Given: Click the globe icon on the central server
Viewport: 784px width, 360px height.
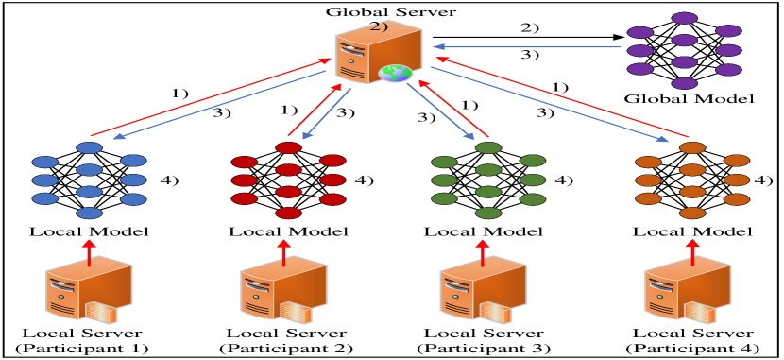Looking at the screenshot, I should [395, 73].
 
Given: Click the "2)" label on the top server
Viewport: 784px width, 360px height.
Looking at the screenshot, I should [379, 26].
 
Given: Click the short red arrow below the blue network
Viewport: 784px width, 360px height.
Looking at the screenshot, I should [89, 251].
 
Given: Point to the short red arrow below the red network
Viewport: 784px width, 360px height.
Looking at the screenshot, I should [283, 251].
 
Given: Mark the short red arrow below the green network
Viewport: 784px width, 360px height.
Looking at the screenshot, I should [482, 251].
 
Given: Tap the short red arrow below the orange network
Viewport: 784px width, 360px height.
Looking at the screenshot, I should [692, 251].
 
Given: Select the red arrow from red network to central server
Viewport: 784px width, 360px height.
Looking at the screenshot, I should [315, 110].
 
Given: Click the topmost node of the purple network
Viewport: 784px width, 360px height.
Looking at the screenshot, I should [685, 18].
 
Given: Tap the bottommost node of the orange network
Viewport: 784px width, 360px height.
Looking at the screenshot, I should [692, 214].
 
